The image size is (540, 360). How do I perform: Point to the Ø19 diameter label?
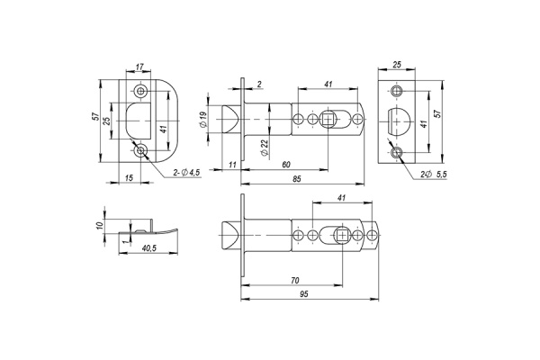click(205, 120)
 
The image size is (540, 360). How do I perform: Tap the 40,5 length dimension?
click(149, 248)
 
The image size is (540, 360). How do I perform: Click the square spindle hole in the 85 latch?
click(331, 119)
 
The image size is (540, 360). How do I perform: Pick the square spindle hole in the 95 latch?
click(343, 236)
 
